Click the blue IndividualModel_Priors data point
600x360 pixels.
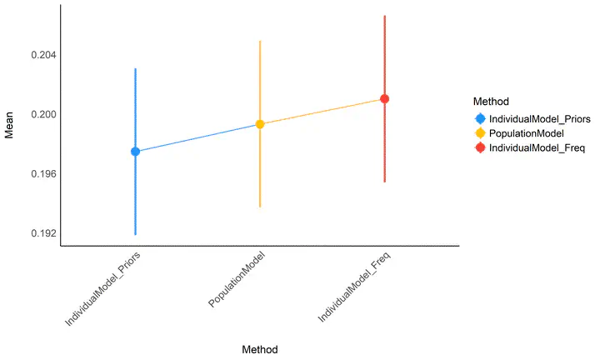(135, 152)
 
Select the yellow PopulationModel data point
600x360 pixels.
(260, 124)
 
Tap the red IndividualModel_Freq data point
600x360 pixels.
(385, 99)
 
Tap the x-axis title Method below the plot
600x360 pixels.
(259, 349)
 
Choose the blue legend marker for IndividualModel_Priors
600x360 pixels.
(480, 118)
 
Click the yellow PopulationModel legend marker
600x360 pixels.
(480, 133)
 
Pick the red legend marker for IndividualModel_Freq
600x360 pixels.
(480, 148)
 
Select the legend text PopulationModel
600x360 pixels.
(527, 133)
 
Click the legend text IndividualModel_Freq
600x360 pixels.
(537, 148)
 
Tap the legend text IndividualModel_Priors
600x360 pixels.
(540, 118)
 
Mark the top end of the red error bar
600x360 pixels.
(385, 16)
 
